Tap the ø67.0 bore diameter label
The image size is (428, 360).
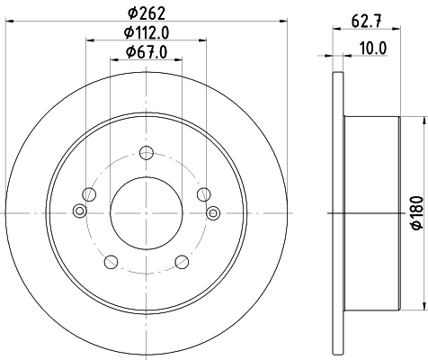[147, 51]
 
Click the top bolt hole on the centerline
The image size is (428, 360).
[146, 152]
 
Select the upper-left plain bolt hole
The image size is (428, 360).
[88, 193]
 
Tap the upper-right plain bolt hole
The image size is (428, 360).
[204, 193]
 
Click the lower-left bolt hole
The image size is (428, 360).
[111, 262]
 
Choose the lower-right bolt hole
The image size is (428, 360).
[182, 262]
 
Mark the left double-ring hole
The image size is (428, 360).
[79, 212]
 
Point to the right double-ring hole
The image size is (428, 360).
[213, 212]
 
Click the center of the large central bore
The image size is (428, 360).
[146, 212]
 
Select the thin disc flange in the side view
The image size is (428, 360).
[339, 212]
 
